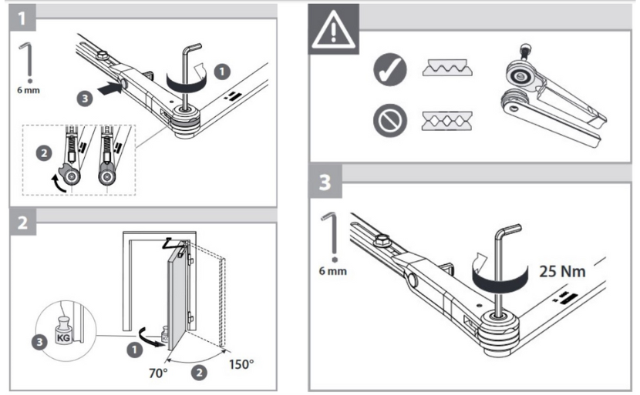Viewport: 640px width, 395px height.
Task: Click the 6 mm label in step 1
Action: coord(29,90)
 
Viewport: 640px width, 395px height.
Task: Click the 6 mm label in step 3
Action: coord(332,273)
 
